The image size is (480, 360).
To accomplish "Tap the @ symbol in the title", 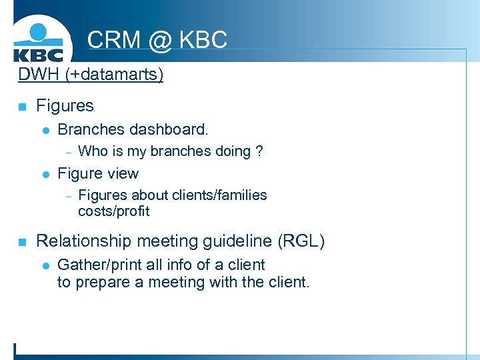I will [x=159, y=39].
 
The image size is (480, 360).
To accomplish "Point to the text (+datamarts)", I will [x=114, y=74].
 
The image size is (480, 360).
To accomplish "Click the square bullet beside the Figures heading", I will [x=22, y=107].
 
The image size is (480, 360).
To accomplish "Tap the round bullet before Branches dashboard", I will [x=45, y=129].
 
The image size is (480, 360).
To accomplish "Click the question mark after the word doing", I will [x=259, y=151].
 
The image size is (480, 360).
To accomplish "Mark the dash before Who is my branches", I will [x=67, y=151].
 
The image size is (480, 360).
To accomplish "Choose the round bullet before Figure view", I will [x=45, y=175].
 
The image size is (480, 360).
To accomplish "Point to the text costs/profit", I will [x=113, y=211].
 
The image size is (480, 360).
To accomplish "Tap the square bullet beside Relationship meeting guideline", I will [x=22, y=242].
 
